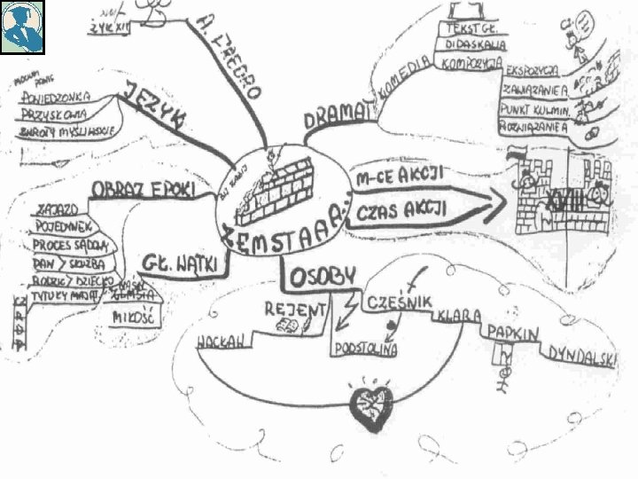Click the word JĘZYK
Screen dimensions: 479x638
coord(158,106)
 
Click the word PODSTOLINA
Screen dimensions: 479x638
coord(365,349)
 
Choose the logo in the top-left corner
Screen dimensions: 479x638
coord(22,27)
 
